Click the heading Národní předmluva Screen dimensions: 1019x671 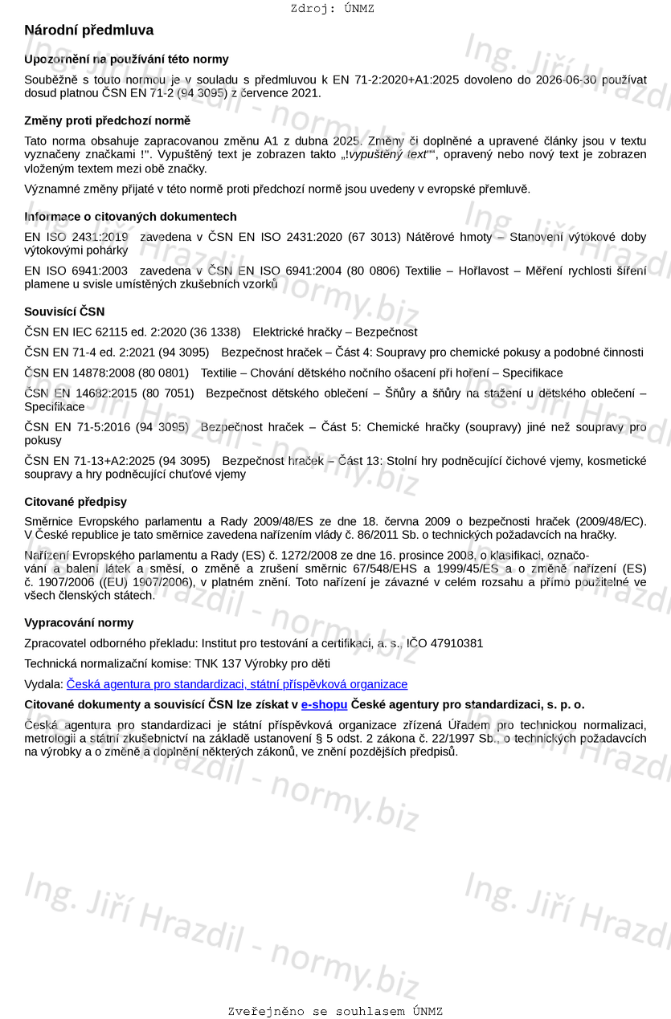tap(88, 31)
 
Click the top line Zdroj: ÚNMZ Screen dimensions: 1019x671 tap(332, 9)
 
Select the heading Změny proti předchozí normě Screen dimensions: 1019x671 tap(107, 120)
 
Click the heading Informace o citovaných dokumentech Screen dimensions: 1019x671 tap(130, 217)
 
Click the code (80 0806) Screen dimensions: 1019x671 tap(372, 271)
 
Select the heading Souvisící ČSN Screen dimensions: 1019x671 tap(64, 312)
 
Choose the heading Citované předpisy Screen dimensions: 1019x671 tap(76, 502)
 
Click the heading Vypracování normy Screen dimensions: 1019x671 tap(79, 622)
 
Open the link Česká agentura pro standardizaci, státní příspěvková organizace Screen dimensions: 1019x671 tap(237, 684)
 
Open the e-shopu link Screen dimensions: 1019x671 tap(324, 704)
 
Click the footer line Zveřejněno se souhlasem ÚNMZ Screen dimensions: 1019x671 tap(335, 1011)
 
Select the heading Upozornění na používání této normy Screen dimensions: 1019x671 tap(126, 59)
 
